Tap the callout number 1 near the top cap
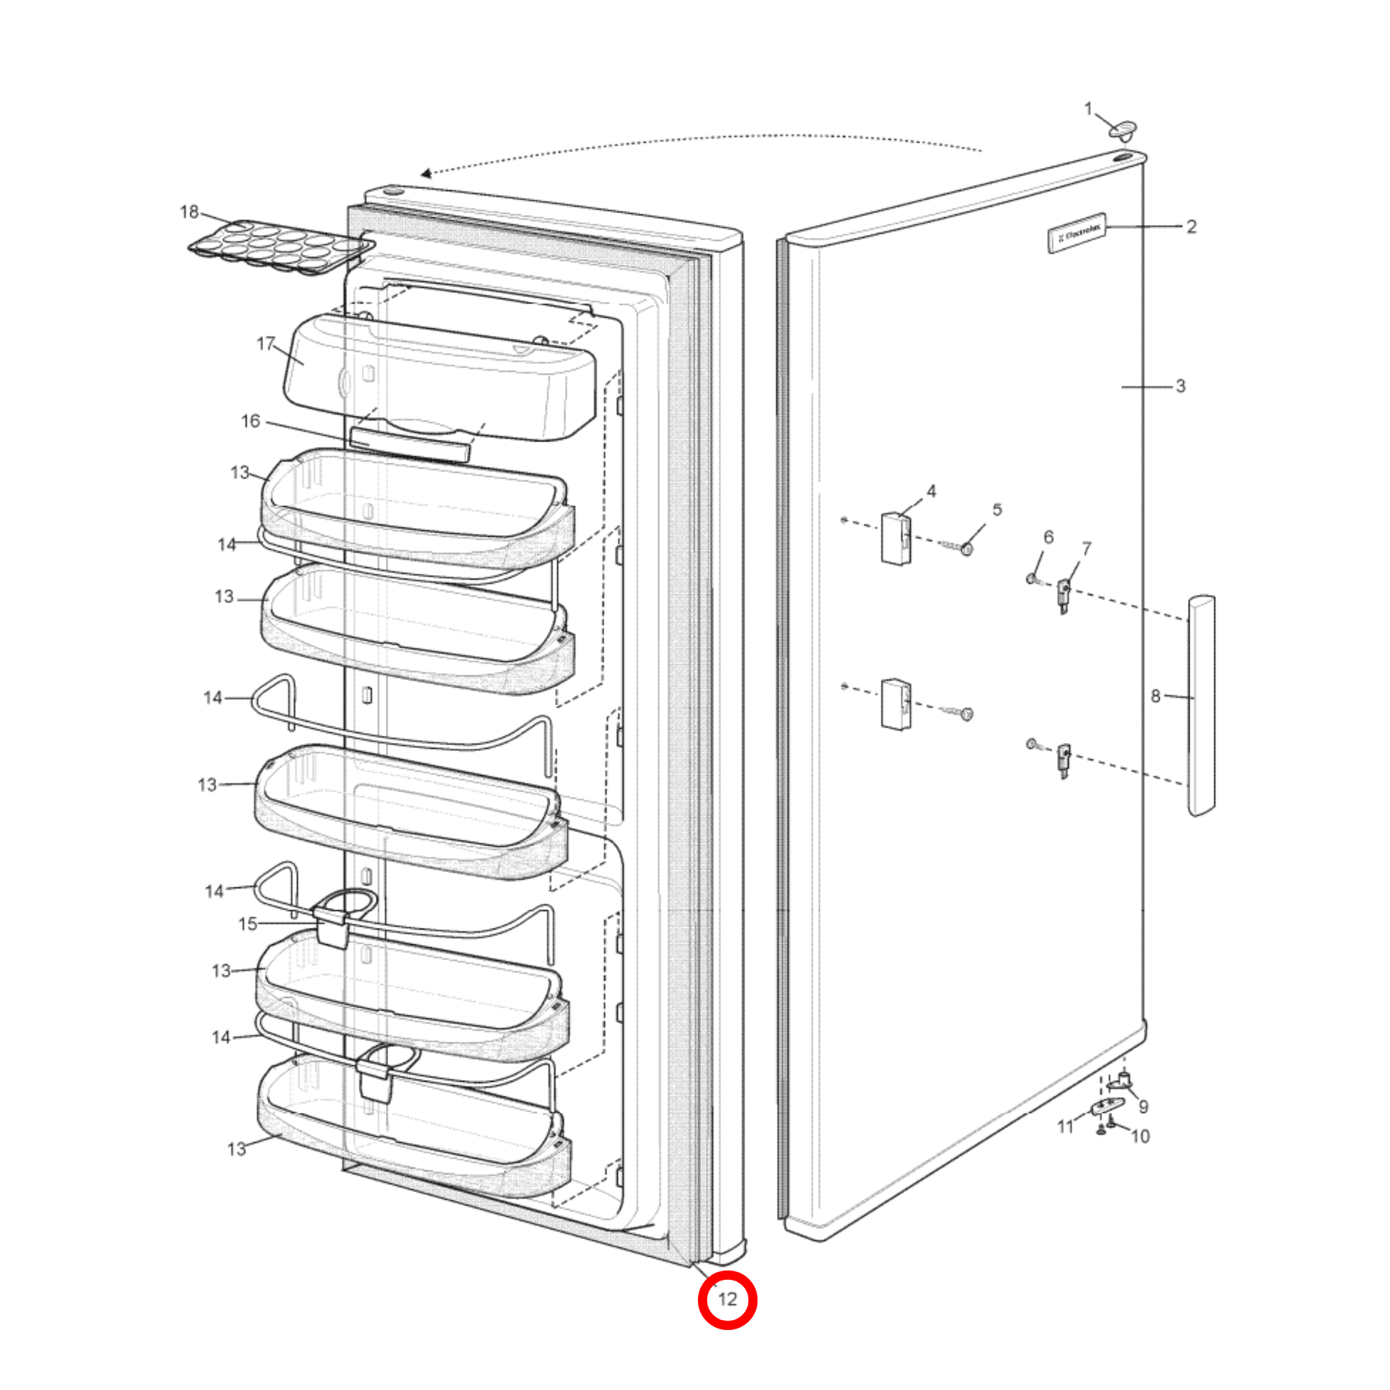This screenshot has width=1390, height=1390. [1088, 109]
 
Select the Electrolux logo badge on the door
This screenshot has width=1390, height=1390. [1076, 232]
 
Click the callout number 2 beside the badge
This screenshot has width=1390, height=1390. [1191, 226]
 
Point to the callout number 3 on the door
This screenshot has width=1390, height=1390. [1181, 386]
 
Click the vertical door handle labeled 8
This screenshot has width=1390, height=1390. [1201, 706]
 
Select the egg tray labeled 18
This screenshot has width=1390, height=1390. [281, 246]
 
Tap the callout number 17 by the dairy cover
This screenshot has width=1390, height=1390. [266, 344]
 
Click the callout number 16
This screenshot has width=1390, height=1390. [251, 421]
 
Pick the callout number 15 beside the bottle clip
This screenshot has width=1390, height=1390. [247, 924]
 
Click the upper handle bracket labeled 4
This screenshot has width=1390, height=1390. [896, 538]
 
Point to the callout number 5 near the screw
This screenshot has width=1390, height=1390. [997, 509]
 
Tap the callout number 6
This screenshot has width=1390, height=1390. [1049, 536]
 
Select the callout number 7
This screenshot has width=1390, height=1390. [1086, 549]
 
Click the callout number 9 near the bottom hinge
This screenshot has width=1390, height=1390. [1144, 1106]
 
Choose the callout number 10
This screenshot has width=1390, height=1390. [1140, 1136]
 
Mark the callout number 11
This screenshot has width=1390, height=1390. [1066, 1126]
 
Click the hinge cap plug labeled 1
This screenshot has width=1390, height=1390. [1123, 130]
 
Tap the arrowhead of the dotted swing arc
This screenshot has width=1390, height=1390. [426, 174]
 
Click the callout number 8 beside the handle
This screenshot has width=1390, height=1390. [1156, 696]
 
